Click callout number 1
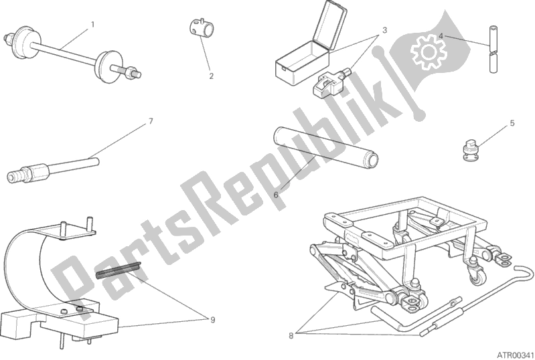click(92, 25)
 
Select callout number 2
click(211, 76)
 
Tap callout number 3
click(384, 30)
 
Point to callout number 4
click(441, 35)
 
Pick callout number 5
click(512, 123)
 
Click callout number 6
click(276, 195)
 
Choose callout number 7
click(151, 121)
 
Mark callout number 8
click(291, 336)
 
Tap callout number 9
click(212, 320)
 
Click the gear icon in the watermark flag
click(429, 52)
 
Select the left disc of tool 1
click(22, 39)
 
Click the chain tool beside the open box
click(329, 82)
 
